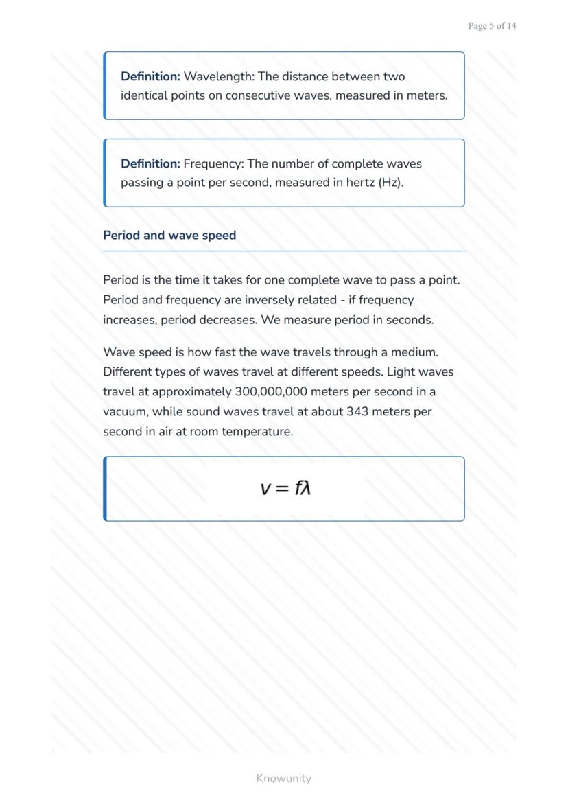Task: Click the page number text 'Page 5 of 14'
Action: pos(492,26)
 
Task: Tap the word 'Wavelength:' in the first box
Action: pos(219,76)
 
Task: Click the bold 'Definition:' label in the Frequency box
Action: pos(150,163)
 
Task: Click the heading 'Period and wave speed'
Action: pos(169,235)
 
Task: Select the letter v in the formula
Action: pos(265,489)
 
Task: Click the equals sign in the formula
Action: pos(283,489)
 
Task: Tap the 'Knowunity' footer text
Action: pos(283,778)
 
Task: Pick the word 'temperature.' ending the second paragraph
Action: pos(257,432)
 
